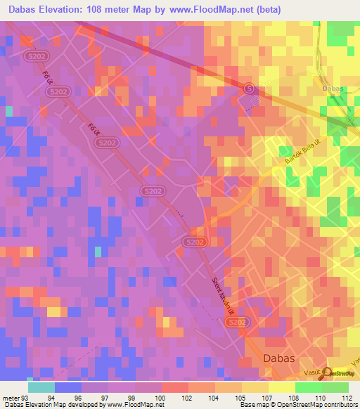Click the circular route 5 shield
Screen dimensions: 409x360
pyautogui.click(x=249, y=88)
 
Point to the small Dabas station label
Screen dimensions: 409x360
pyautogui.click(x=333, y=89)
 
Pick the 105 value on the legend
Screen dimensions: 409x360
pyautogui.click(x=240, y=398)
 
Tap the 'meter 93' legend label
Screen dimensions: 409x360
pyautogui.click(x=15, y=398)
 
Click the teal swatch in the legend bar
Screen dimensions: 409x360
pyautogui.click(x=41, y=387)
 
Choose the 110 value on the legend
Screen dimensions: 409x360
pyautogui.click(x=319, y=398)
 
